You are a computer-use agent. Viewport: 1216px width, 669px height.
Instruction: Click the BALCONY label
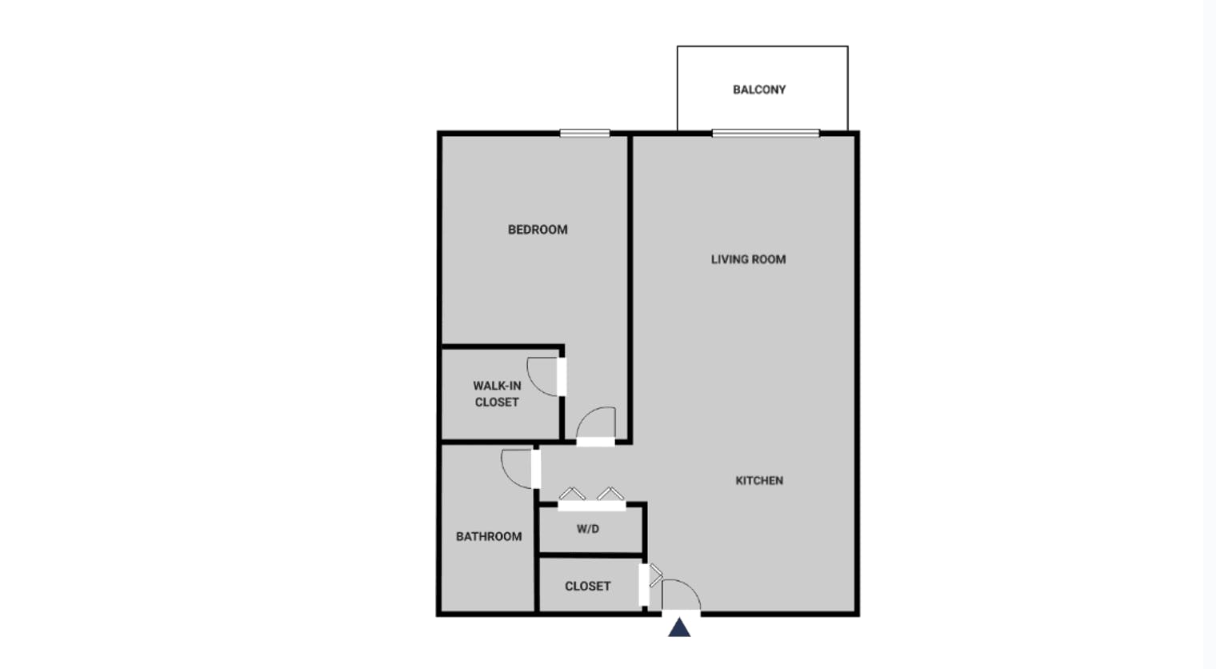tap(759, 90)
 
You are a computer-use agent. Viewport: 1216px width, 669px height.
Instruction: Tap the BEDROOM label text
tap(538, 230)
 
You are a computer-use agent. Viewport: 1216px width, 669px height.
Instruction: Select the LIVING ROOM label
tap(748, 259)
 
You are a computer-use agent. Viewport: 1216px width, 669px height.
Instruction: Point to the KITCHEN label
tap(759, 481)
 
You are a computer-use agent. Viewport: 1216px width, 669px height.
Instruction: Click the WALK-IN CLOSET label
tap(497, 394)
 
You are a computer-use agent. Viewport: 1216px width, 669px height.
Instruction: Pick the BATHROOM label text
tap(489, 536)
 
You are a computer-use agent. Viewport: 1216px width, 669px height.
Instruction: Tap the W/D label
tap(587, 529)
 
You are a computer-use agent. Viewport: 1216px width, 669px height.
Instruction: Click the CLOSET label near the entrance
tap(587, 587)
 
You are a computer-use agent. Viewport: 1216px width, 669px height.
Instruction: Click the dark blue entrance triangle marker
tap(679, 628)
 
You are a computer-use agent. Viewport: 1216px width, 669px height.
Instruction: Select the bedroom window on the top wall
tap(585, 133)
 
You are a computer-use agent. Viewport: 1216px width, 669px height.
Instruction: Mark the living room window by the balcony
tap(766, 133)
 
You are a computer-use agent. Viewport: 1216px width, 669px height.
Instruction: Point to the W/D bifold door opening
tap(592, 506)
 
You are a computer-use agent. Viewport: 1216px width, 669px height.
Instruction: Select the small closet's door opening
tap(644, 585)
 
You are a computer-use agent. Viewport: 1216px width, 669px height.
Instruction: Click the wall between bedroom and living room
tap(630, 288)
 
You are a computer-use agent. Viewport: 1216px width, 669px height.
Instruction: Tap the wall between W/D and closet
tap(590, 555)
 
